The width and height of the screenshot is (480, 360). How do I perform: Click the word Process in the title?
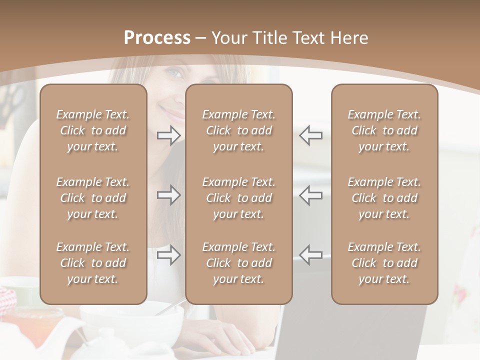tap(157, 38)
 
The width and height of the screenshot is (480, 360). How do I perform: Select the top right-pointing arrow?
tap(169, 135)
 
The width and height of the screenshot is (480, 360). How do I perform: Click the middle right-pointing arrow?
tap(169, 195)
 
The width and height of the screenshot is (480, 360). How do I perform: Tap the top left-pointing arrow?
tap(310, 135)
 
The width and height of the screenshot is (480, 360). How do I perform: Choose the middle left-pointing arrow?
tap(310, 195)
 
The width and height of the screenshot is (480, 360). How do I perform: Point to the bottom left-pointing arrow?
tap(310, 254)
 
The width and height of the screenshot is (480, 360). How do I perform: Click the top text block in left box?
tap(93, 130)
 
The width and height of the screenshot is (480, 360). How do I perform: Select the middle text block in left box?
tap(93, 198)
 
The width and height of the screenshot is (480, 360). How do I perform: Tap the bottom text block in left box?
tap(93, 263)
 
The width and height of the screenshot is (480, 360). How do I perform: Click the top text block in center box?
tap(238, 130)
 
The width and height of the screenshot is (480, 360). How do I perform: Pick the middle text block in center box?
tap(238, 198)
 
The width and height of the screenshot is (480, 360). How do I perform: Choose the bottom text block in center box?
tap(238, 263)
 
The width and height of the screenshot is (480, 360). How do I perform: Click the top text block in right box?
tap(384, 130)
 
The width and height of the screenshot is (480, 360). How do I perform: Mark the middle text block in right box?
tap(384, 198)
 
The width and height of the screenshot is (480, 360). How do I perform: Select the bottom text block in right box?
tap(384, 263)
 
